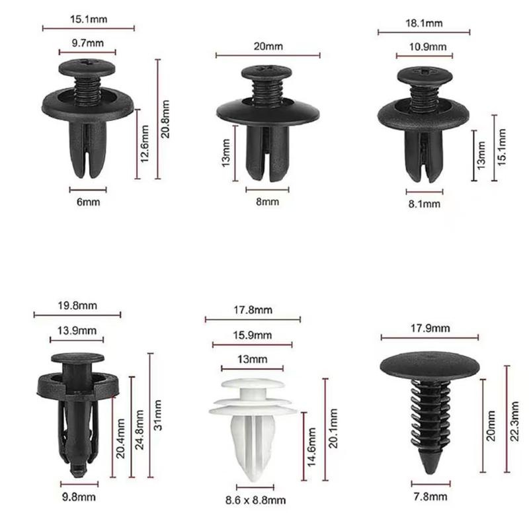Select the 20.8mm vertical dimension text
[x=166, y=119]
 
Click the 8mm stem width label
[x=267, y=202]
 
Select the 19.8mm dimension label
[x=77, y=306]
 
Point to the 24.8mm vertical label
[x=140, y=428]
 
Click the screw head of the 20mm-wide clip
[x=267, y=73]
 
